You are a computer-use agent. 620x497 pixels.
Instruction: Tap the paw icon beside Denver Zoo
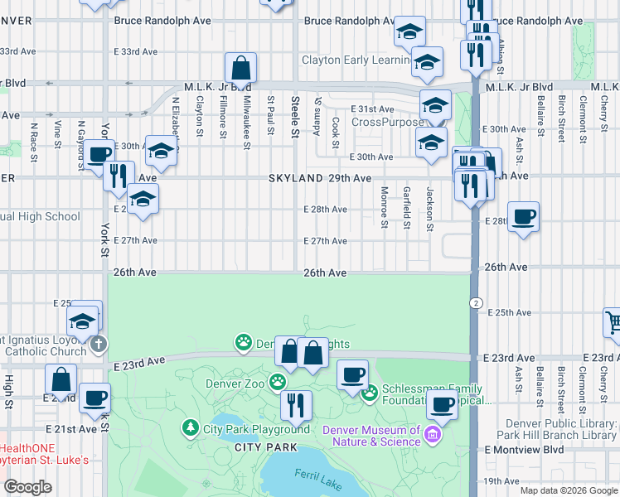pyautogui.click(x=278, y=383)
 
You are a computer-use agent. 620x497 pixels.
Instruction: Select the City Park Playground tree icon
pyautogui.click(x=191, y=428)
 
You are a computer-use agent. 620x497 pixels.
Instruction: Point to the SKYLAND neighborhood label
pyautogui.click(x=295, y=178)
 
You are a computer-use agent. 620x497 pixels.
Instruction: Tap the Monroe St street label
pyautogui.click(x=384, y=206)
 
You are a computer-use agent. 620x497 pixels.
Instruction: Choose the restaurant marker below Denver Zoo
pyautogui.click(x=295, y=405)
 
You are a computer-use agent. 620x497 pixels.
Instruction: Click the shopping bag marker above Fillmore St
pyautogui.click(x=240, y=67)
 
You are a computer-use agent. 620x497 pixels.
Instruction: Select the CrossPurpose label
pyautogui.click(x=386, y=122)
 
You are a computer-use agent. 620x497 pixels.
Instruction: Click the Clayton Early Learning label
pyautogui.click(x=356, y=60)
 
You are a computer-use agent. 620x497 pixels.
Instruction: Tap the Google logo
pyautogui.click(x=28, y=487)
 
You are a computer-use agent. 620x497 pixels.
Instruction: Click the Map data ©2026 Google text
pyautogui.click(x=568, y=490)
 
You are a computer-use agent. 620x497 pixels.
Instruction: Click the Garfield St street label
pyautogui.click(x=407, y=207)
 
